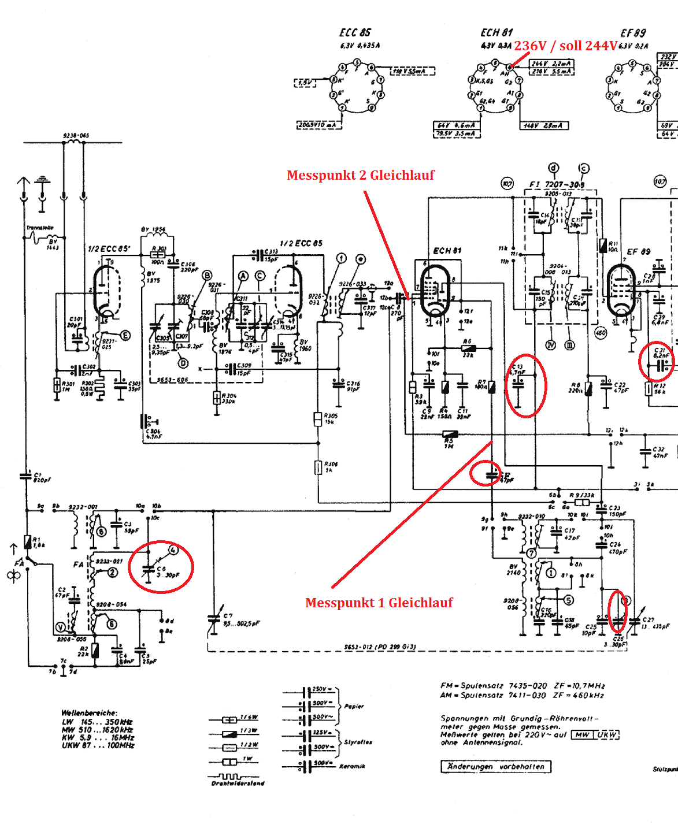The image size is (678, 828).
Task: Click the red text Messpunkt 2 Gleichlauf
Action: coord(360,175)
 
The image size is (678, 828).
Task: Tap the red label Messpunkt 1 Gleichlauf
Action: coord(379,603)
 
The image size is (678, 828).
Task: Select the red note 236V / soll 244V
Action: coord(565,46)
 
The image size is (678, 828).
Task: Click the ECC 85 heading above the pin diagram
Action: coord(355,33)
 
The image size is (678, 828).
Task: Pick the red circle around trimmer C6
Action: coord(161,567)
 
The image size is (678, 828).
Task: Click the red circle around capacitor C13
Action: coord(525,385)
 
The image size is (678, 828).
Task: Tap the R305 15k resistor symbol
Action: coord(317,419)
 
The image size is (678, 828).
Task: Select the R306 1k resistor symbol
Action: coord(318,467)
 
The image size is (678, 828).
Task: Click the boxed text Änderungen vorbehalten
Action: coord(495,767)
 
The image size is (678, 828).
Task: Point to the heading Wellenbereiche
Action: coord(89,713)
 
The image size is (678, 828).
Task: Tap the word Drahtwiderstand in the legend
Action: coord(238,784)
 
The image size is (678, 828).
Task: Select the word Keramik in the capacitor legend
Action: coord(352,766)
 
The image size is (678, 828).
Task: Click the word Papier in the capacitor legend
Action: coord(354,706)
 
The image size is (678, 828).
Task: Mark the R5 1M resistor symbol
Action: coord(450,435)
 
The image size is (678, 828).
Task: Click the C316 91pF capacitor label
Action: coord(353,386)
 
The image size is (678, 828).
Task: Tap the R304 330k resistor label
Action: coord(229,399)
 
